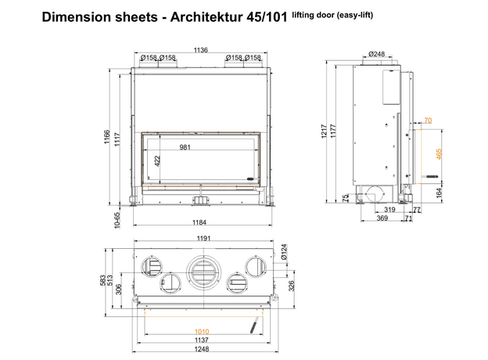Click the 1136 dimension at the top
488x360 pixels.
click(201, 50)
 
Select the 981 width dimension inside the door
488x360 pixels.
click(185, 147)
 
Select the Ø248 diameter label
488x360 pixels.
click(377, 53)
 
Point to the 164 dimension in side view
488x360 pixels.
click(440, 191)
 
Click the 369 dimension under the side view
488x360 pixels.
click(382, 219)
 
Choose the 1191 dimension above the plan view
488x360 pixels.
click(203, 238)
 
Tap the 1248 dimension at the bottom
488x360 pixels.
click(203, 349)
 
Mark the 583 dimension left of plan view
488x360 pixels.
click(102, 279)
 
